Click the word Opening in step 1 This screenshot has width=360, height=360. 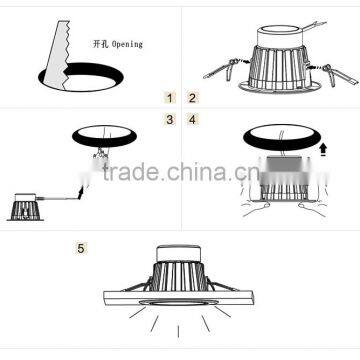(x=123, y=44)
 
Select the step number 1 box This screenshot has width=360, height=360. (x=170, y=98)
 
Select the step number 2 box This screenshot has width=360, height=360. (x=191, y=98)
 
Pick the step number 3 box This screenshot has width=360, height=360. (x=170, y=119)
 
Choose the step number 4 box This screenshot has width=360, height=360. (x=191, y=119)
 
